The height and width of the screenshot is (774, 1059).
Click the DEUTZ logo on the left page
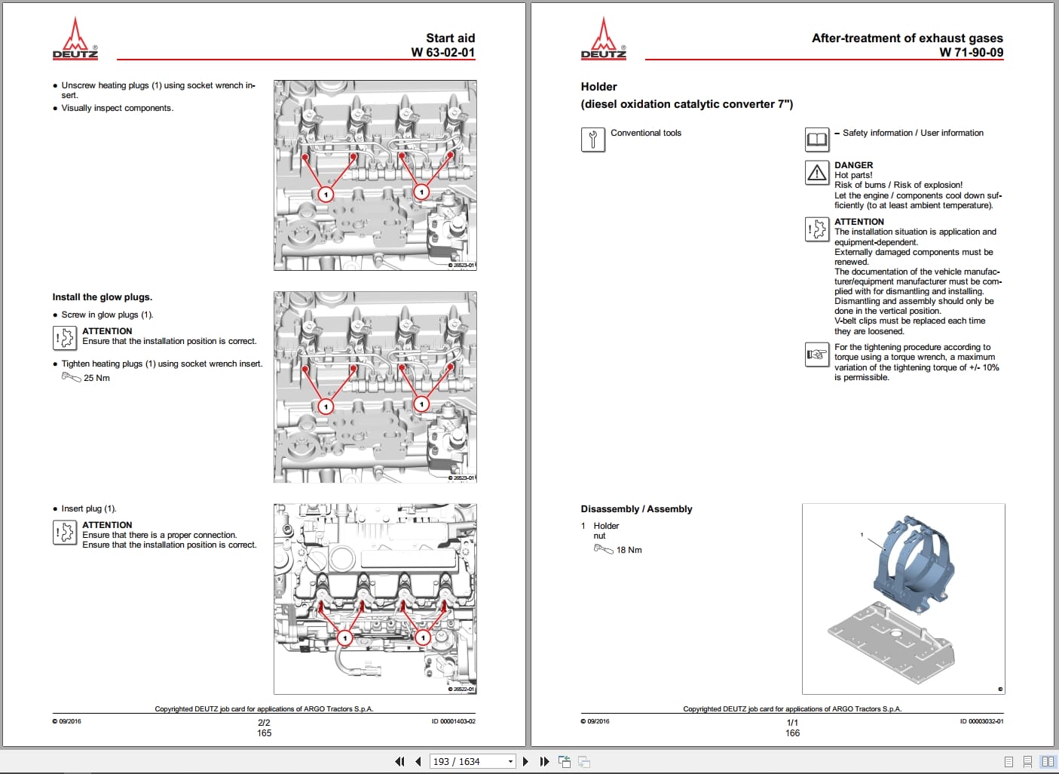(x=75, y=38)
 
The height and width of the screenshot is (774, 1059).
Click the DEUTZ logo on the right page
(x=604, y=38)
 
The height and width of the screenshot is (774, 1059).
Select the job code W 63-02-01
(x=443, y=52)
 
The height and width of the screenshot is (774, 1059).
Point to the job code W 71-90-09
(x=972, y=52)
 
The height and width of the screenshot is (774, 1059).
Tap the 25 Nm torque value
(x=96, y=378)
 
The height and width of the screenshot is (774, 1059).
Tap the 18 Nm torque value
(x=629, y=550)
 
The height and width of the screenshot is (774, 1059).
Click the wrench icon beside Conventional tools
(x=593, y=140)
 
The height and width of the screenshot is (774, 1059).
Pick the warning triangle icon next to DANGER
(x=817, y=172)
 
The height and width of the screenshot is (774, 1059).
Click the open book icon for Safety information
(x=817, y=140)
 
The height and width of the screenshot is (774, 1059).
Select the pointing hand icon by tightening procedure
(x=817, y=355)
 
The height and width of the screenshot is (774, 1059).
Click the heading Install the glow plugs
(x=102, y=297)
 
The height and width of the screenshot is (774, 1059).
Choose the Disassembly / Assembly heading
(x=636, y=509)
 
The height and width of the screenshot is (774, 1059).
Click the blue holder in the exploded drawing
(x=913, y=563)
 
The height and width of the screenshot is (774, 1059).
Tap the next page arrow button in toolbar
(x=525, y=761)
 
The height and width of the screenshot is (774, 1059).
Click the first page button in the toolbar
(x=399, y=761)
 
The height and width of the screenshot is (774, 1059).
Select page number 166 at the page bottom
(x=792, y=733)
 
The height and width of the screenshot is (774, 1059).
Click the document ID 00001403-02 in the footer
(x=454, y=721)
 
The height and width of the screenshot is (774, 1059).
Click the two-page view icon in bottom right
(x=1048, y=761)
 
